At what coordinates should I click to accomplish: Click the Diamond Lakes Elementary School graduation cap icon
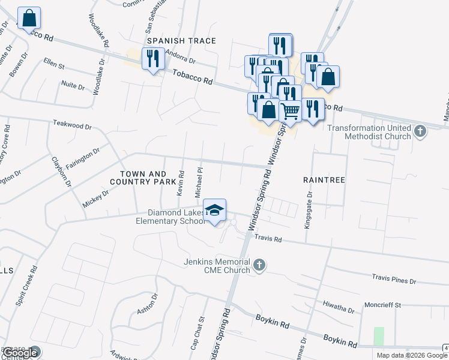(x=214, y=210)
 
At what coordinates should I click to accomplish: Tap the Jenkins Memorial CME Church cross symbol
(x=259, y=265)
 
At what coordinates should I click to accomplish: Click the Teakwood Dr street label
(x=72, y=127)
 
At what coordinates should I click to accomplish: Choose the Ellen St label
(x=53, y=63)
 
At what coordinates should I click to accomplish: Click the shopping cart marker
(x=290, y=110)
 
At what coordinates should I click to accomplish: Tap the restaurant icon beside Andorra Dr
(x=151, y=59)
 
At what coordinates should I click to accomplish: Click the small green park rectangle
(x=378, y=336)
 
